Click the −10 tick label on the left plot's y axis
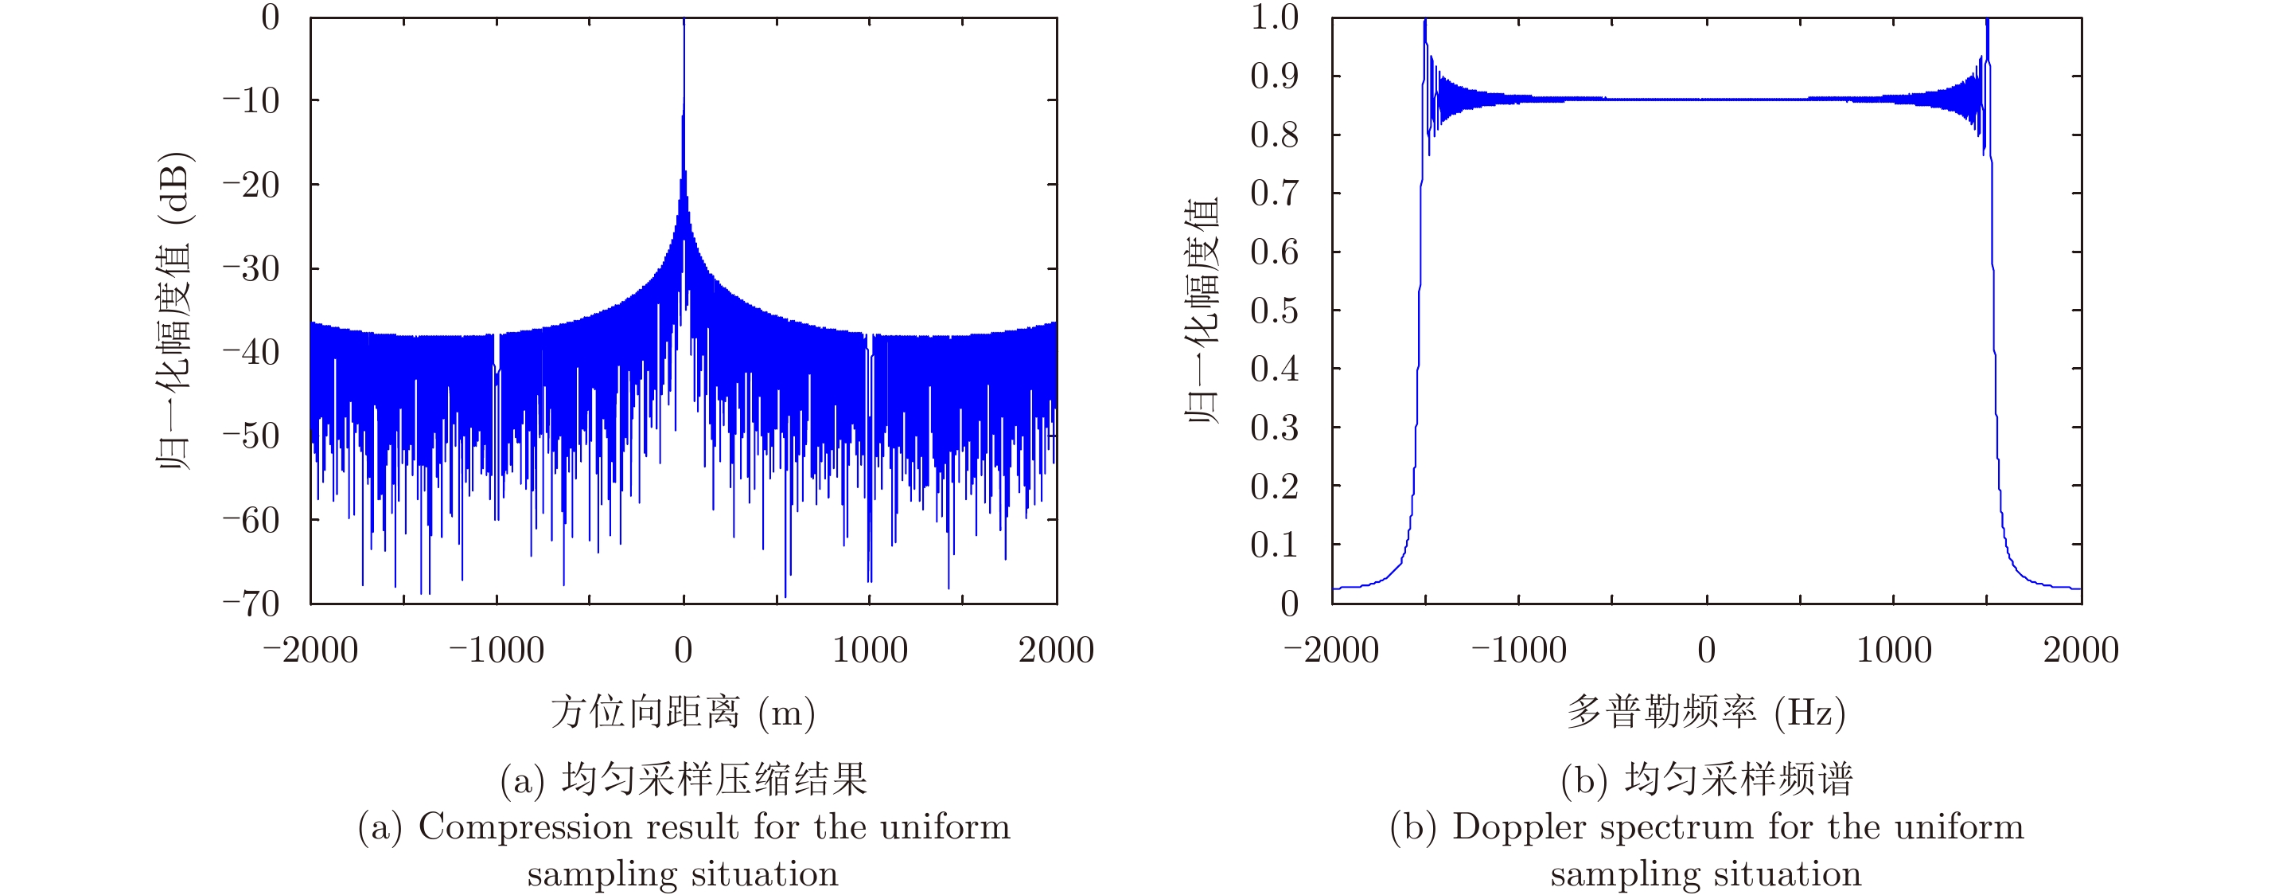[x=251, y=100]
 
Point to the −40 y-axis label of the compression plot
[x=251, y=352]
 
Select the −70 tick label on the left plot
[x=251, y=604]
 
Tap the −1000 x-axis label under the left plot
[x=497, y=651]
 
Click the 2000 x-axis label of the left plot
[x=1055, y=651]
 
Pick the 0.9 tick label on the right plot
[x=1274, y=76]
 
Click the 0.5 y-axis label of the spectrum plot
[x=1274, y=311]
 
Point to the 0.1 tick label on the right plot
[x=1274, y=545]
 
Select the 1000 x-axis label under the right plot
[x=1894, y=651]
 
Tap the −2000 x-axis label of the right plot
[x=1331, y=651]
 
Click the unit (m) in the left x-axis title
[x=786, y=713]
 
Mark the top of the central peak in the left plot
[x=684, y=21]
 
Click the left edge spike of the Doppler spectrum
[x=1424, y=23]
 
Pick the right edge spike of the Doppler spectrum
[x=1987, y=23]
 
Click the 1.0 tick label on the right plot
[x=1274, y=18]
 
